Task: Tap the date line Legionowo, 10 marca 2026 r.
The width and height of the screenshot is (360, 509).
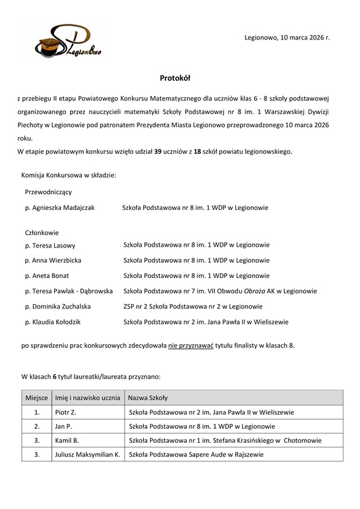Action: [287, 38]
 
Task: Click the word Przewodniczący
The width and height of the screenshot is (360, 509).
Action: [48, 192]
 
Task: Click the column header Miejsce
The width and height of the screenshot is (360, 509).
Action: [36, 398]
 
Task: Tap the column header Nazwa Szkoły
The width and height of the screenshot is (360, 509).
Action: [148, 398]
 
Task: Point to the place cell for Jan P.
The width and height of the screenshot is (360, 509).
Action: [37, 426]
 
